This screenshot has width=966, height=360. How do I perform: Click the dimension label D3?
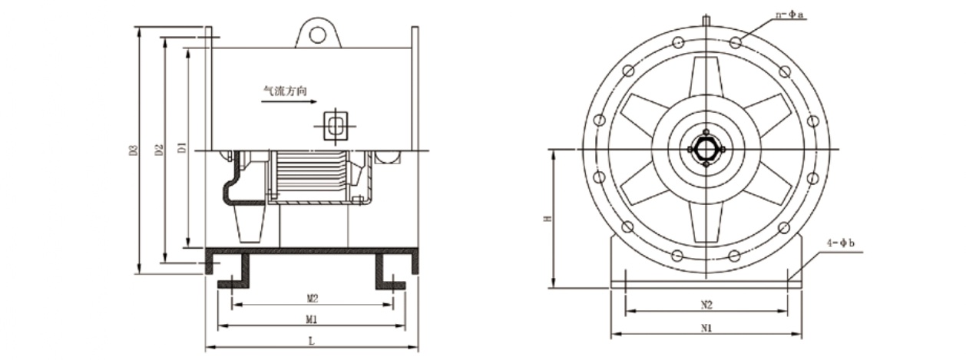point(134,150)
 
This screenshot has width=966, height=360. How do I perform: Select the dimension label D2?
point(159,150)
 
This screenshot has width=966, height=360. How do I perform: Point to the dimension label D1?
point(183,147)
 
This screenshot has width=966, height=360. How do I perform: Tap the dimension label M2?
point(313,298)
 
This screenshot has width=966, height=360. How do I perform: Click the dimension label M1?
point(312,319)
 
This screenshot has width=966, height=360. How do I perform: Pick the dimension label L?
point(311,341)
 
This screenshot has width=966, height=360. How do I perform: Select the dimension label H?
point(548,219)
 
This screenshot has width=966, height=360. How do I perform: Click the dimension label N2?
point(706,305)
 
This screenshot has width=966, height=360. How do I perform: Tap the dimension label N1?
point(706,328)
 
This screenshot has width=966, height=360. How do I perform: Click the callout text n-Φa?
point(789,15)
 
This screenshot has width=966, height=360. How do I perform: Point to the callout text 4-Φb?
point(841,243)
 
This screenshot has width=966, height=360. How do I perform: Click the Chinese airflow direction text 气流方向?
point(285,91)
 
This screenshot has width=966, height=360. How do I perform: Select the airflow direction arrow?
point(289,102)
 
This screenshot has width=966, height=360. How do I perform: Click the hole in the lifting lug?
point(318,35)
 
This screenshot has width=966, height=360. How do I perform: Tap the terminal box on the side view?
point(336,126)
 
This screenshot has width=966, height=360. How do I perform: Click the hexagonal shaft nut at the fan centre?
point(706,149)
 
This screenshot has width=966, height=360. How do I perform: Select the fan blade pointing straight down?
point(706,222)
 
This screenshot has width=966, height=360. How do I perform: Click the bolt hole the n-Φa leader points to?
point(736,42)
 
